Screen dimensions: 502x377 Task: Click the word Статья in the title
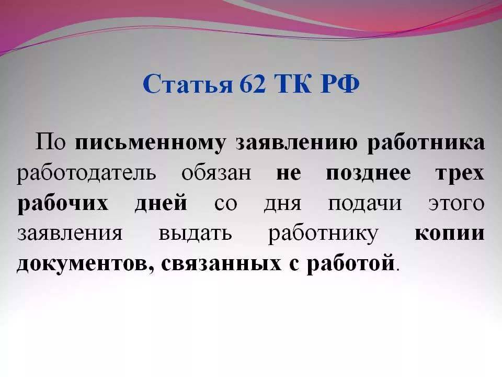point(187,84)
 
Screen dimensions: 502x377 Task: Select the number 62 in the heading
point(253,84)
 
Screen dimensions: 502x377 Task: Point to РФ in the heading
point(340,84)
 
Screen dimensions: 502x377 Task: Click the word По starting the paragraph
point(50,141)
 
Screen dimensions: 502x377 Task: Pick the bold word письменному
point(151,143)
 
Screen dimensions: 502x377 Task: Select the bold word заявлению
point(296,143)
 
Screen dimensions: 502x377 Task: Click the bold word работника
point(426,143)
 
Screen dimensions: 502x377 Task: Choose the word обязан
point(216,173)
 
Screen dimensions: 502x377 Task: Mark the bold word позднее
point(368,174)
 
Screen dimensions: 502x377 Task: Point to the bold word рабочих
point(63,204)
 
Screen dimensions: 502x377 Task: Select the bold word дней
point(161,203)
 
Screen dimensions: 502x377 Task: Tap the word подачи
point(364,204)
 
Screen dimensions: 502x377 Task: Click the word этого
point(457,204)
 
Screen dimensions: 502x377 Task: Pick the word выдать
point(195,234)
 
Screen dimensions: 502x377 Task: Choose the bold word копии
point(450,234)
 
